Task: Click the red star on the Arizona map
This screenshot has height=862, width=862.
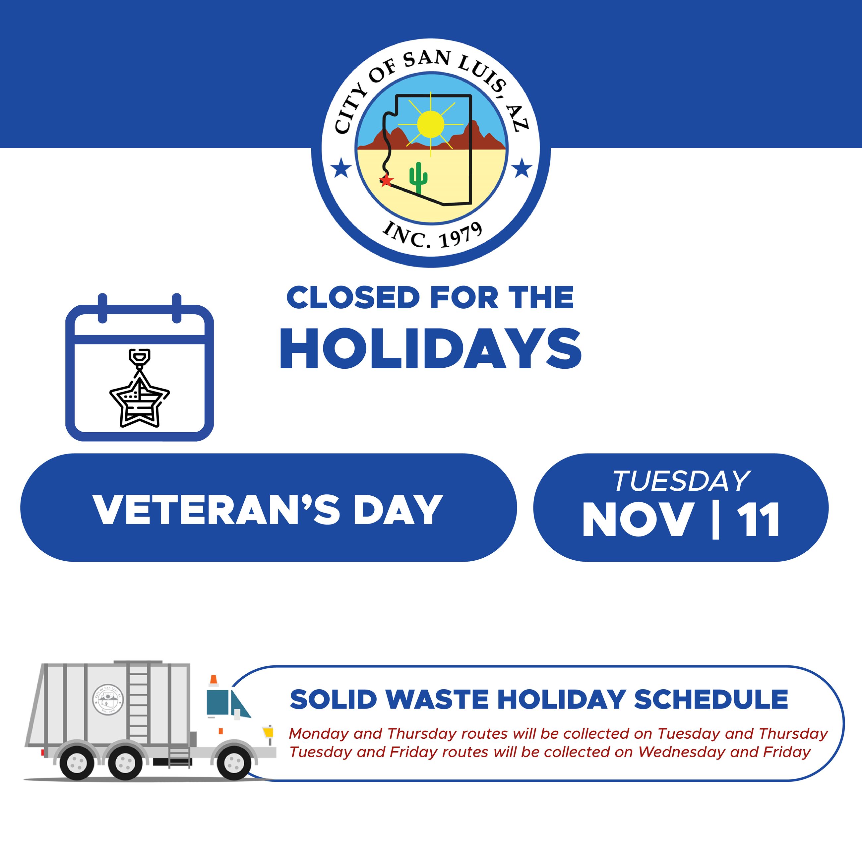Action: [x=386, y=180]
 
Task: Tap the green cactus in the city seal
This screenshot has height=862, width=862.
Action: [x=418, y=178]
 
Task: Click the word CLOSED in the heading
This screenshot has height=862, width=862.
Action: [x=353, y=298]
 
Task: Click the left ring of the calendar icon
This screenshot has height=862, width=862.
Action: [x=103, y=308]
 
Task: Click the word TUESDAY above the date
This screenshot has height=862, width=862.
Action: [x=681, y=481]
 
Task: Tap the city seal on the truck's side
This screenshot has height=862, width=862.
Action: [x=108, y=700]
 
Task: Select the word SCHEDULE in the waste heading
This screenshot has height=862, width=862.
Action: [x=711, y=700]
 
